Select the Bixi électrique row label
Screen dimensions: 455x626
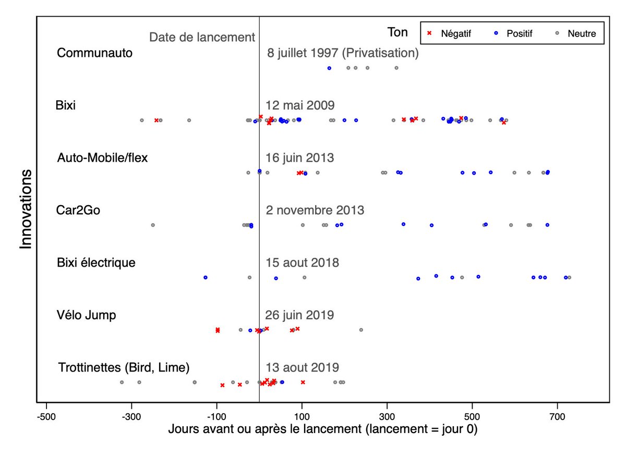tap(96, 262)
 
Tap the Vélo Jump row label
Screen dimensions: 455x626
tap(86, 315)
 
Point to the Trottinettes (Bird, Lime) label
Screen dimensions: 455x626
tap(124, 367)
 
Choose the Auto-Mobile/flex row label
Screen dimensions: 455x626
tap(102, 158)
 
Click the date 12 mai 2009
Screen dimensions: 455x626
tap(299, 105)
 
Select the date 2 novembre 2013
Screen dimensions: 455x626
tap(315, 210)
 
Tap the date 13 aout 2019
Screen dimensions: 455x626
tap(303, 367)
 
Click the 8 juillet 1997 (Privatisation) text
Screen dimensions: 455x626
tap(343, 53)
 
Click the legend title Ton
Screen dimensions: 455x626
tap(398, 32)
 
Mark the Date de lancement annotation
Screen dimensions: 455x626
tap(202, 38)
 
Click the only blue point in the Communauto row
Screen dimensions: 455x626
tap(329, 68)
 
